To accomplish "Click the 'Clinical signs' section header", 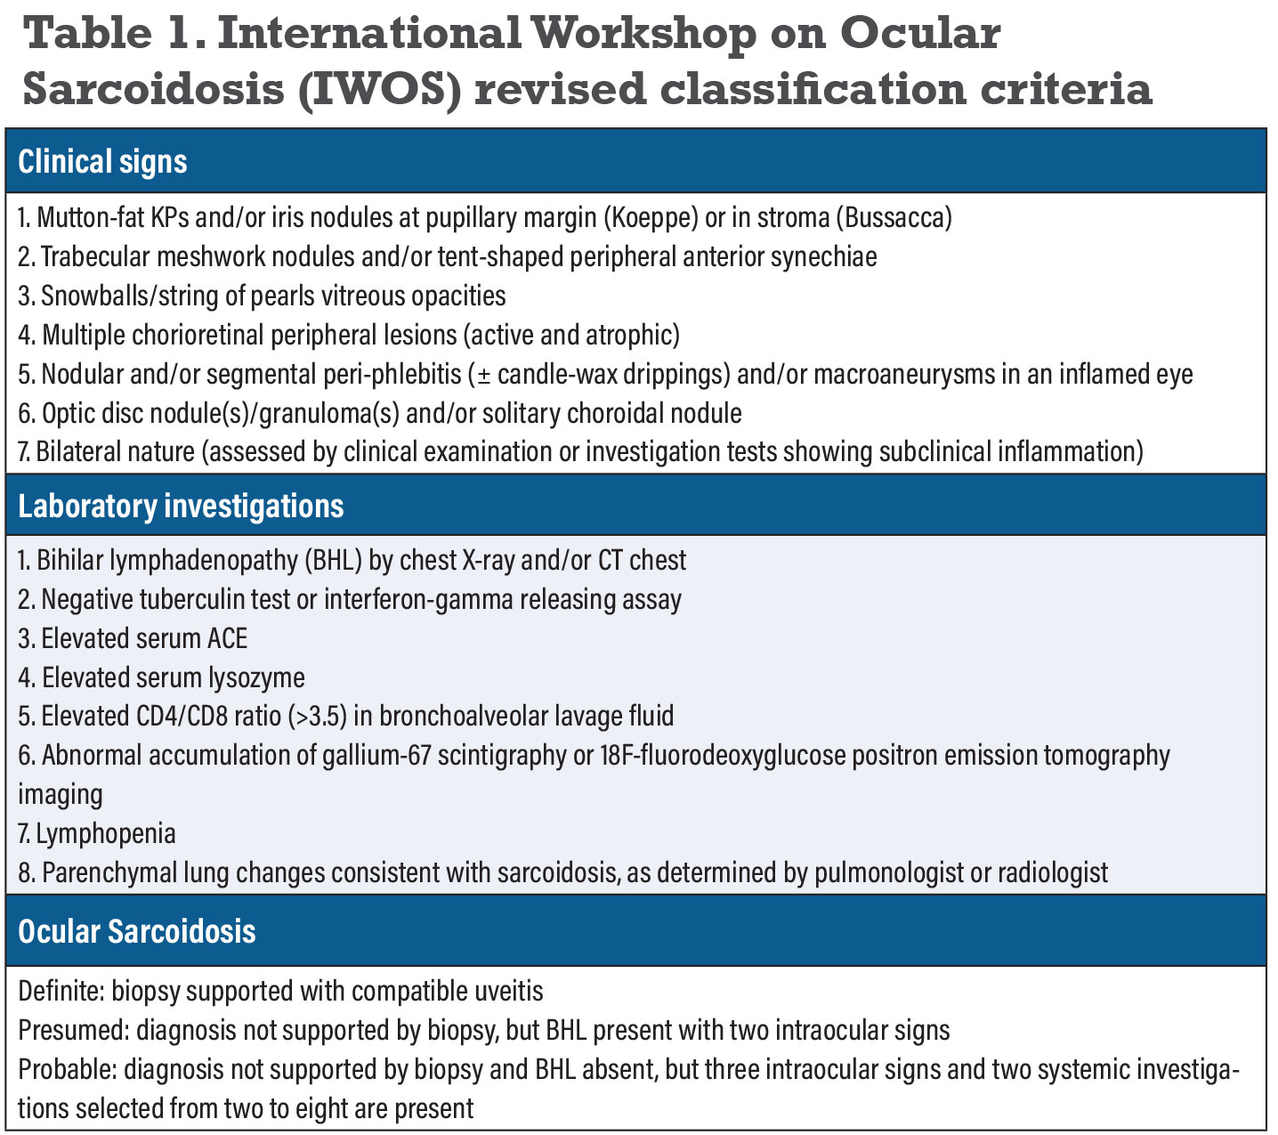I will (102, 162).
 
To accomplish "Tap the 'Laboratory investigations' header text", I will (181, 506).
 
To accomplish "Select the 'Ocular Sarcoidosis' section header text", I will (137, 931).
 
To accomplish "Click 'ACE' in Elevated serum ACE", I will (228, 638).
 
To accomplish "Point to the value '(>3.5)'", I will (322, 716).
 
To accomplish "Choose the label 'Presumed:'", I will (73, 1030).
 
